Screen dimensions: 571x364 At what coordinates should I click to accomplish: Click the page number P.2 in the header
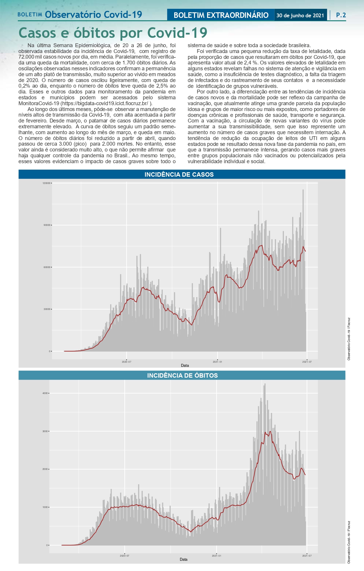(x=341, y=15)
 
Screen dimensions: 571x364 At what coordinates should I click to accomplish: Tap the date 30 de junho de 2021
(x=300, y=16)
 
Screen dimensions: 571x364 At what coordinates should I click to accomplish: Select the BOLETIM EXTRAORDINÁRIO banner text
(x=221, y=15)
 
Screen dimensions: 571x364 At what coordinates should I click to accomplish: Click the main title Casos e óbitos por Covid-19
(x=113, y=33)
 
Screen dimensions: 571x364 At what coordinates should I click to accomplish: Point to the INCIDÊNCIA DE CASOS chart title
(x=179, y=175)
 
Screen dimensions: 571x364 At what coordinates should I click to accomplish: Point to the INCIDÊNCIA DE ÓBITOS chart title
(x=182, y=376)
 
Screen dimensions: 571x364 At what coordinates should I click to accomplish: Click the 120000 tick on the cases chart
(x=46, y=183)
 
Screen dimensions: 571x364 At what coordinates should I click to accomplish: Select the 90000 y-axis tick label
(x=47, y=225)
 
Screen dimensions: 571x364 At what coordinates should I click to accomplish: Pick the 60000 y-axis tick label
(x=47, y=267)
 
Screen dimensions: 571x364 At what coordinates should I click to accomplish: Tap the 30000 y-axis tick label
(x=47, y=309)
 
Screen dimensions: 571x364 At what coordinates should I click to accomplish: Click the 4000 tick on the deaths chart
(x=45, y=393)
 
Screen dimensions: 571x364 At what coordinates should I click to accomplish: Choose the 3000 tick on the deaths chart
(x=45, y=431)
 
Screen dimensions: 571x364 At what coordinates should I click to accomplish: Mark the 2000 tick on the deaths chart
(x=45, y=469)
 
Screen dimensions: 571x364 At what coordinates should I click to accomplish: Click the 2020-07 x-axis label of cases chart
(x=126, y=362)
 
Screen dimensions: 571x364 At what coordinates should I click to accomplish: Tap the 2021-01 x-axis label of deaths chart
(x=216, y=556)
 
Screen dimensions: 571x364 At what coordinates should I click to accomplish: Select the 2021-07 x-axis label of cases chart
(x=307, y=362)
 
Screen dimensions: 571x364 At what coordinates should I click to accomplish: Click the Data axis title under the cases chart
(x=185, y=366)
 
